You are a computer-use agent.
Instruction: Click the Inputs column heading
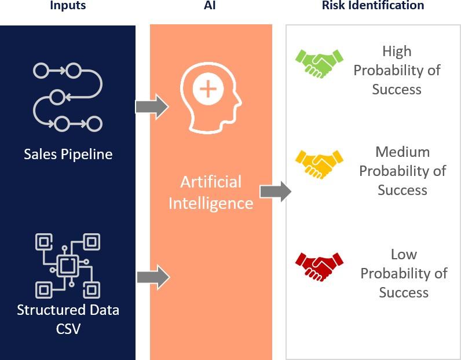point(68,5)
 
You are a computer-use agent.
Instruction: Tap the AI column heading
point(210,5)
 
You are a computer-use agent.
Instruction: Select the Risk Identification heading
point(373,5)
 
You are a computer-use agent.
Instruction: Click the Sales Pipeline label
point(68,155)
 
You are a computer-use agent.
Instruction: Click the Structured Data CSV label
point(68,319)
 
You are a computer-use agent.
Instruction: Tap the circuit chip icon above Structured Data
point(68,266)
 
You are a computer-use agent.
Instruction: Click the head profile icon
point(211,98)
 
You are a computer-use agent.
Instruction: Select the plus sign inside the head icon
point(208,89)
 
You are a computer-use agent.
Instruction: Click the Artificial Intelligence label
point(211,193)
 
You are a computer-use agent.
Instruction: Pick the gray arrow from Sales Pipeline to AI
point(152,106)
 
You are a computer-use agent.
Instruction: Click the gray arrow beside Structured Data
point(153,277)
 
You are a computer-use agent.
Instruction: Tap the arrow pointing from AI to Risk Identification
point(276,192)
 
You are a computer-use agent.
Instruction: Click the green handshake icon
point(319,64)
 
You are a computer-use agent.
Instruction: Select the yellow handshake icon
point(319,164)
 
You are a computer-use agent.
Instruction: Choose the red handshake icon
point(319,267)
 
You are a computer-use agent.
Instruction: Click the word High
point(397,52)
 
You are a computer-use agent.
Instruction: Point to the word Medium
point(403,152)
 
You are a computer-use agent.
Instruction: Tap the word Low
point(404,255)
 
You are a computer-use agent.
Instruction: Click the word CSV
point(68,329)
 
